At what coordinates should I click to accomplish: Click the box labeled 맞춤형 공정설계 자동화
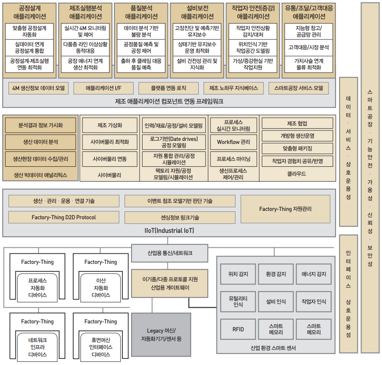(29, 31)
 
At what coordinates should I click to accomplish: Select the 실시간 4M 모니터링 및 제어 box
(86, 31)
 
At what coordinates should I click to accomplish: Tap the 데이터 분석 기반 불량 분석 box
(141, 31)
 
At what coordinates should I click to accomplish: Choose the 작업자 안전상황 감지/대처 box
(253, 31)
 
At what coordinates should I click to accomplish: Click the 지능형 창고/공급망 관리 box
(309, 31)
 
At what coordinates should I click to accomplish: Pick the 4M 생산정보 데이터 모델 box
(39, 88)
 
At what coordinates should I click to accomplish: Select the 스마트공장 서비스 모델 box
(301, 88)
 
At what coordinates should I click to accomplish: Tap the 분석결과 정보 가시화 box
(40, 125)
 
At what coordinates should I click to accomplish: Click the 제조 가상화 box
(110, 125)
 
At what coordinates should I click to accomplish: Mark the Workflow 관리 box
(233, 142)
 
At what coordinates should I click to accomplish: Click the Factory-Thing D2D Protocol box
(64, 217)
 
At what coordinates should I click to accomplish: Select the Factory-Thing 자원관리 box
(285, 209)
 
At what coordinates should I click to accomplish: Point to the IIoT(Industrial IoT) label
(169, 231)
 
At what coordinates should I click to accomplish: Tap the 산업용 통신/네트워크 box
(170, 253)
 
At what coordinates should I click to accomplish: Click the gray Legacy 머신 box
(161, 334)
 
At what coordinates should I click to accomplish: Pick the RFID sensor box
(238, 330)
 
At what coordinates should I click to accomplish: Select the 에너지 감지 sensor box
(314, 274)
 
